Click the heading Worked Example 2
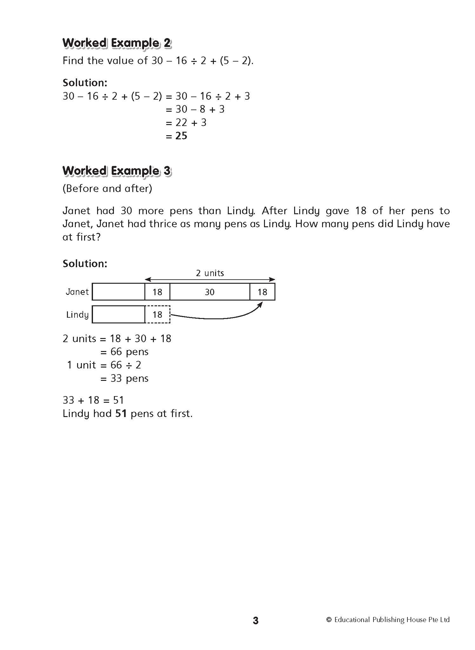coord(116,43)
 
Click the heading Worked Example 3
coord(116,171)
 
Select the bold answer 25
coord(181,136)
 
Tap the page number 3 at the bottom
coord(256,620)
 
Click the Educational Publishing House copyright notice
coord(388,620)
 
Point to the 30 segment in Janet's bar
coord(209,292)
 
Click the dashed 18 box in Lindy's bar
coord(157,315)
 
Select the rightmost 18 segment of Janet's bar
coord(262,292)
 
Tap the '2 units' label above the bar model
coord(210,273)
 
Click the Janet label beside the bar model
coord(77,292)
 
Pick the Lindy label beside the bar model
coord(77,315)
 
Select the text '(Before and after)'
coord(107,189)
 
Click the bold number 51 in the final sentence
coord(121,414)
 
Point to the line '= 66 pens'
coord(124,352)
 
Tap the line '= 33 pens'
coord(124,378)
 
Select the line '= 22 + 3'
coord(186,123)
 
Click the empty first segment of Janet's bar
coord(118,292)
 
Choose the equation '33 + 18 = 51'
coord(93,400)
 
